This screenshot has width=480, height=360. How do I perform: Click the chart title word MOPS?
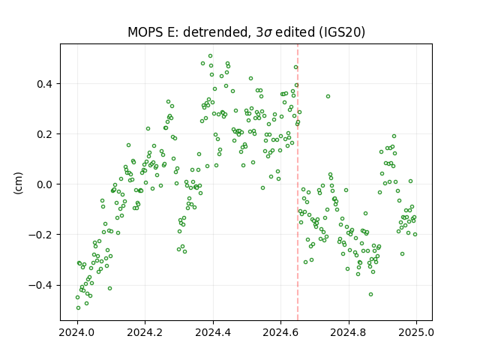coord(145,32)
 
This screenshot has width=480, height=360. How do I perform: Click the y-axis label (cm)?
coord(18,183)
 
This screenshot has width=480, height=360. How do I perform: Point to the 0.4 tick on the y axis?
coord(44,84)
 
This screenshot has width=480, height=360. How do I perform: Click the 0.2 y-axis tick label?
coord(44,134)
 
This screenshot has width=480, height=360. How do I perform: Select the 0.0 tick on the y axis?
coord(44,184)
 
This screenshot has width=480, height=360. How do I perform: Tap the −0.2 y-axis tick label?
coord(40,235)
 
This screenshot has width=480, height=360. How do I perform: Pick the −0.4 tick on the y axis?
coord(40,285)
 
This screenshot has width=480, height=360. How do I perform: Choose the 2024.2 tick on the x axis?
coord(145,332)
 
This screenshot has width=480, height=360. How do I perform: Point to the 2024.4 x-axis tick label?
coord(213,332)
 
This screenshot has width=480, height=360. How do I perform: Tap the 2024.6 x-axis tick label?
coord(280,332)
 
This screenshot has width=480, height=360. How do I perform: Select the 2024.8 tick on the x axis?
coord(348,332)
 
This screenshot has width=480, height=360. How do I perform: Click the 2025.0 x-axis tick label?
coord(416,332)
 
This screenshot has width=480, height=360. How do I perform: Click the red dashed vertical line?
coord(298,182)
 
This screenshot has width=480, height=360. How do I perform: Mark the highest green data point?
coord(210,56)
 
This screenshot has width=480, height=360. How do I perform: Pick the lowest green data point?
coord(78,308)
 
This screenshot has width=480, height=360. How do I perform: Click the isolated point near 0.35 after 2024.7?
coord(328,97)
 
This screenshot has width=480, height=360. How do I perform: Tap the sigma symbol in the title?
coord(268,33)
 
